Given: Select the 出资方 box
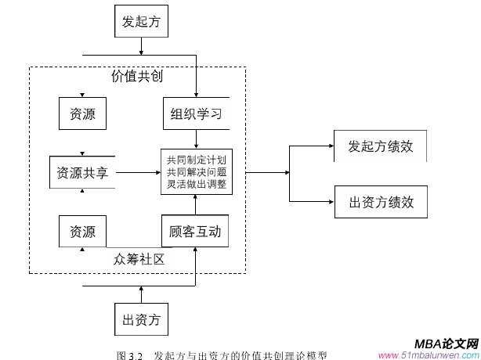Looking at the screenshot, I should click(x=141, y=319).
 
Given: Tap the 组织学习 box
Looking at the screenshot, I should click(x=196, y=113).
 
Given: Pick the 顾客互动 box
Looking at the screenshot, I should click(x=195, y=232).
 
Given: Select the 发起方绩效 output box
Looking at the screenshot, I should click(x=381, y=146).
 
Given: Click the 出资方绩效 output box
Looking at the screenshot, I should click(x=381, y=202).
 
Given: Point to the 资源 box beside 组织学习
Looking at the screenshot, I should click(x=82, y=113).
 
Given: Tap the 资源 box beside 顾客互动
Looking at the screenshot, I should click(x=82, y=232).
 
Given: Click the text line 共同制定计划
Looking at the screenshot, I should click(x=197, y=160).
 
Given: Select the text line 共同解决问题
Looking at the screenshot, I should click(x=197, y=172).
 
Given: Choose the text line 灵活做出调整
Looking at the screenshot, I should click(x=197, y=185).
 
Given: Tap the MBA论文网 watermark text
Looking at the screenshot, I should click(x=445, y=344).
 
